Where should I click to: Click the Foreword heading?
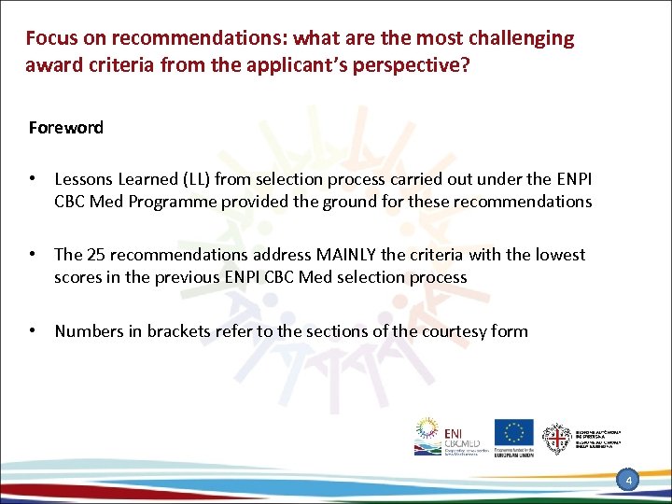point(65,128)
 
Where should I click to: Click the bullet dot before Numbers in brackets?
point(33,330)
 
